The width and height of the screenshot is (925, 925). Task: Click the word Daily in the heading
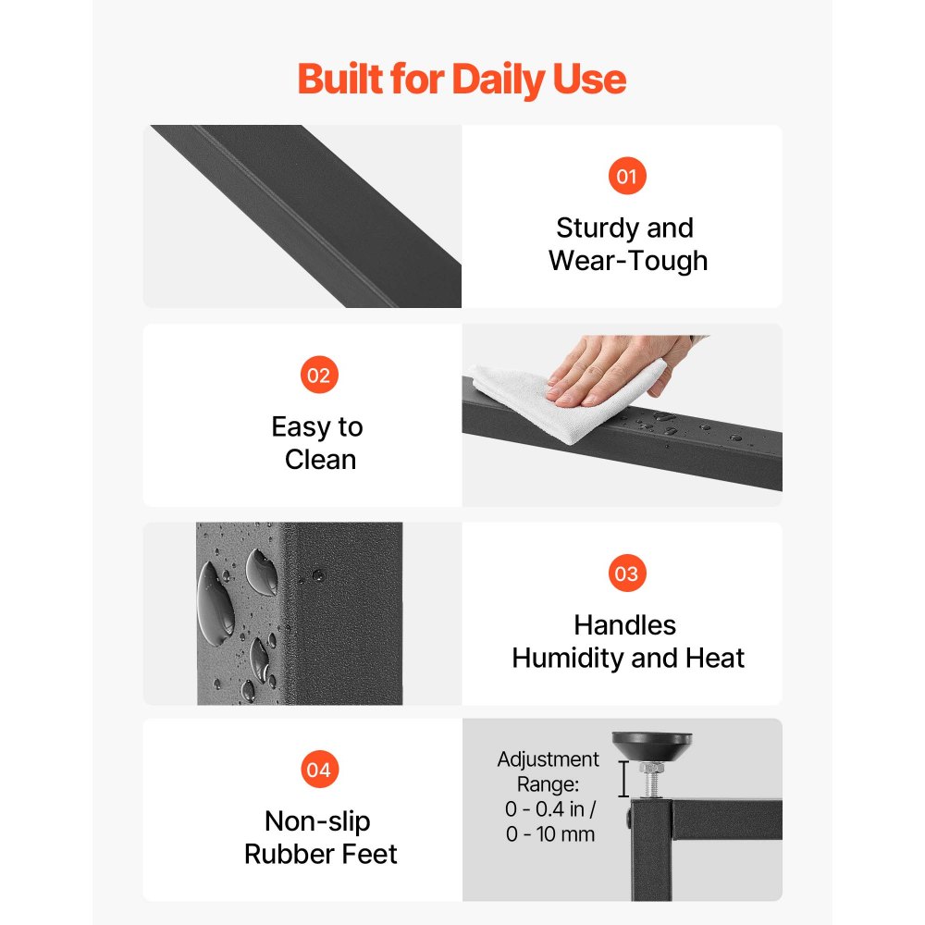pos(498,80)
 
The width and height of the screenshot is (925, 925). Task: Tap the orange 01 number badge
pos(627,176)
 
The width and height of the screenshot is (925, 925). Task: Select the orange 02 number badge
pos(319,375)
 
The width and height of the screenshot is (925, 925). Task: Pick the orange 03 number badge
pos(627,573)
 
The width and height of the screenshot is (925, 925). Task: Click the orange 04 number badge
pos(319,770)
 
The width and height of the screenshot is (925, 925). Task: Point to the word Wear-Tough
pos(628,261)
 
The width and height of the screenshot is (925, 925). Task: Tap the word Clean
pos(320,460)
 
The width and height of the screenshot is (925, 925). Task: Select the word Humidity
pos(567,658)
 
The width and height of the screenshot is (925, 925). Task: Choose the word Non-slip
pos(317,821)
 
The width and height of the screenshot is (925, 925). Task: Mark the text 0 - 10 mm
pos(550,834)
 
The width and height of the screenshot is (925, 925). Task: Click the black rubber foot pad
pos(652,745)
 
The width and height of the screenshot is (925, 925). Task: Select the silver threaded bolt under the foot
pos(652,780)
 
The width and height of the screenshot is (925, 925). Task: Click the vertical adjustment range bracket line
pos(623,779)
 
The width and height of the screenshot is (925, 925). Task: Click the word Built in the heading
pos(339,79)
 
